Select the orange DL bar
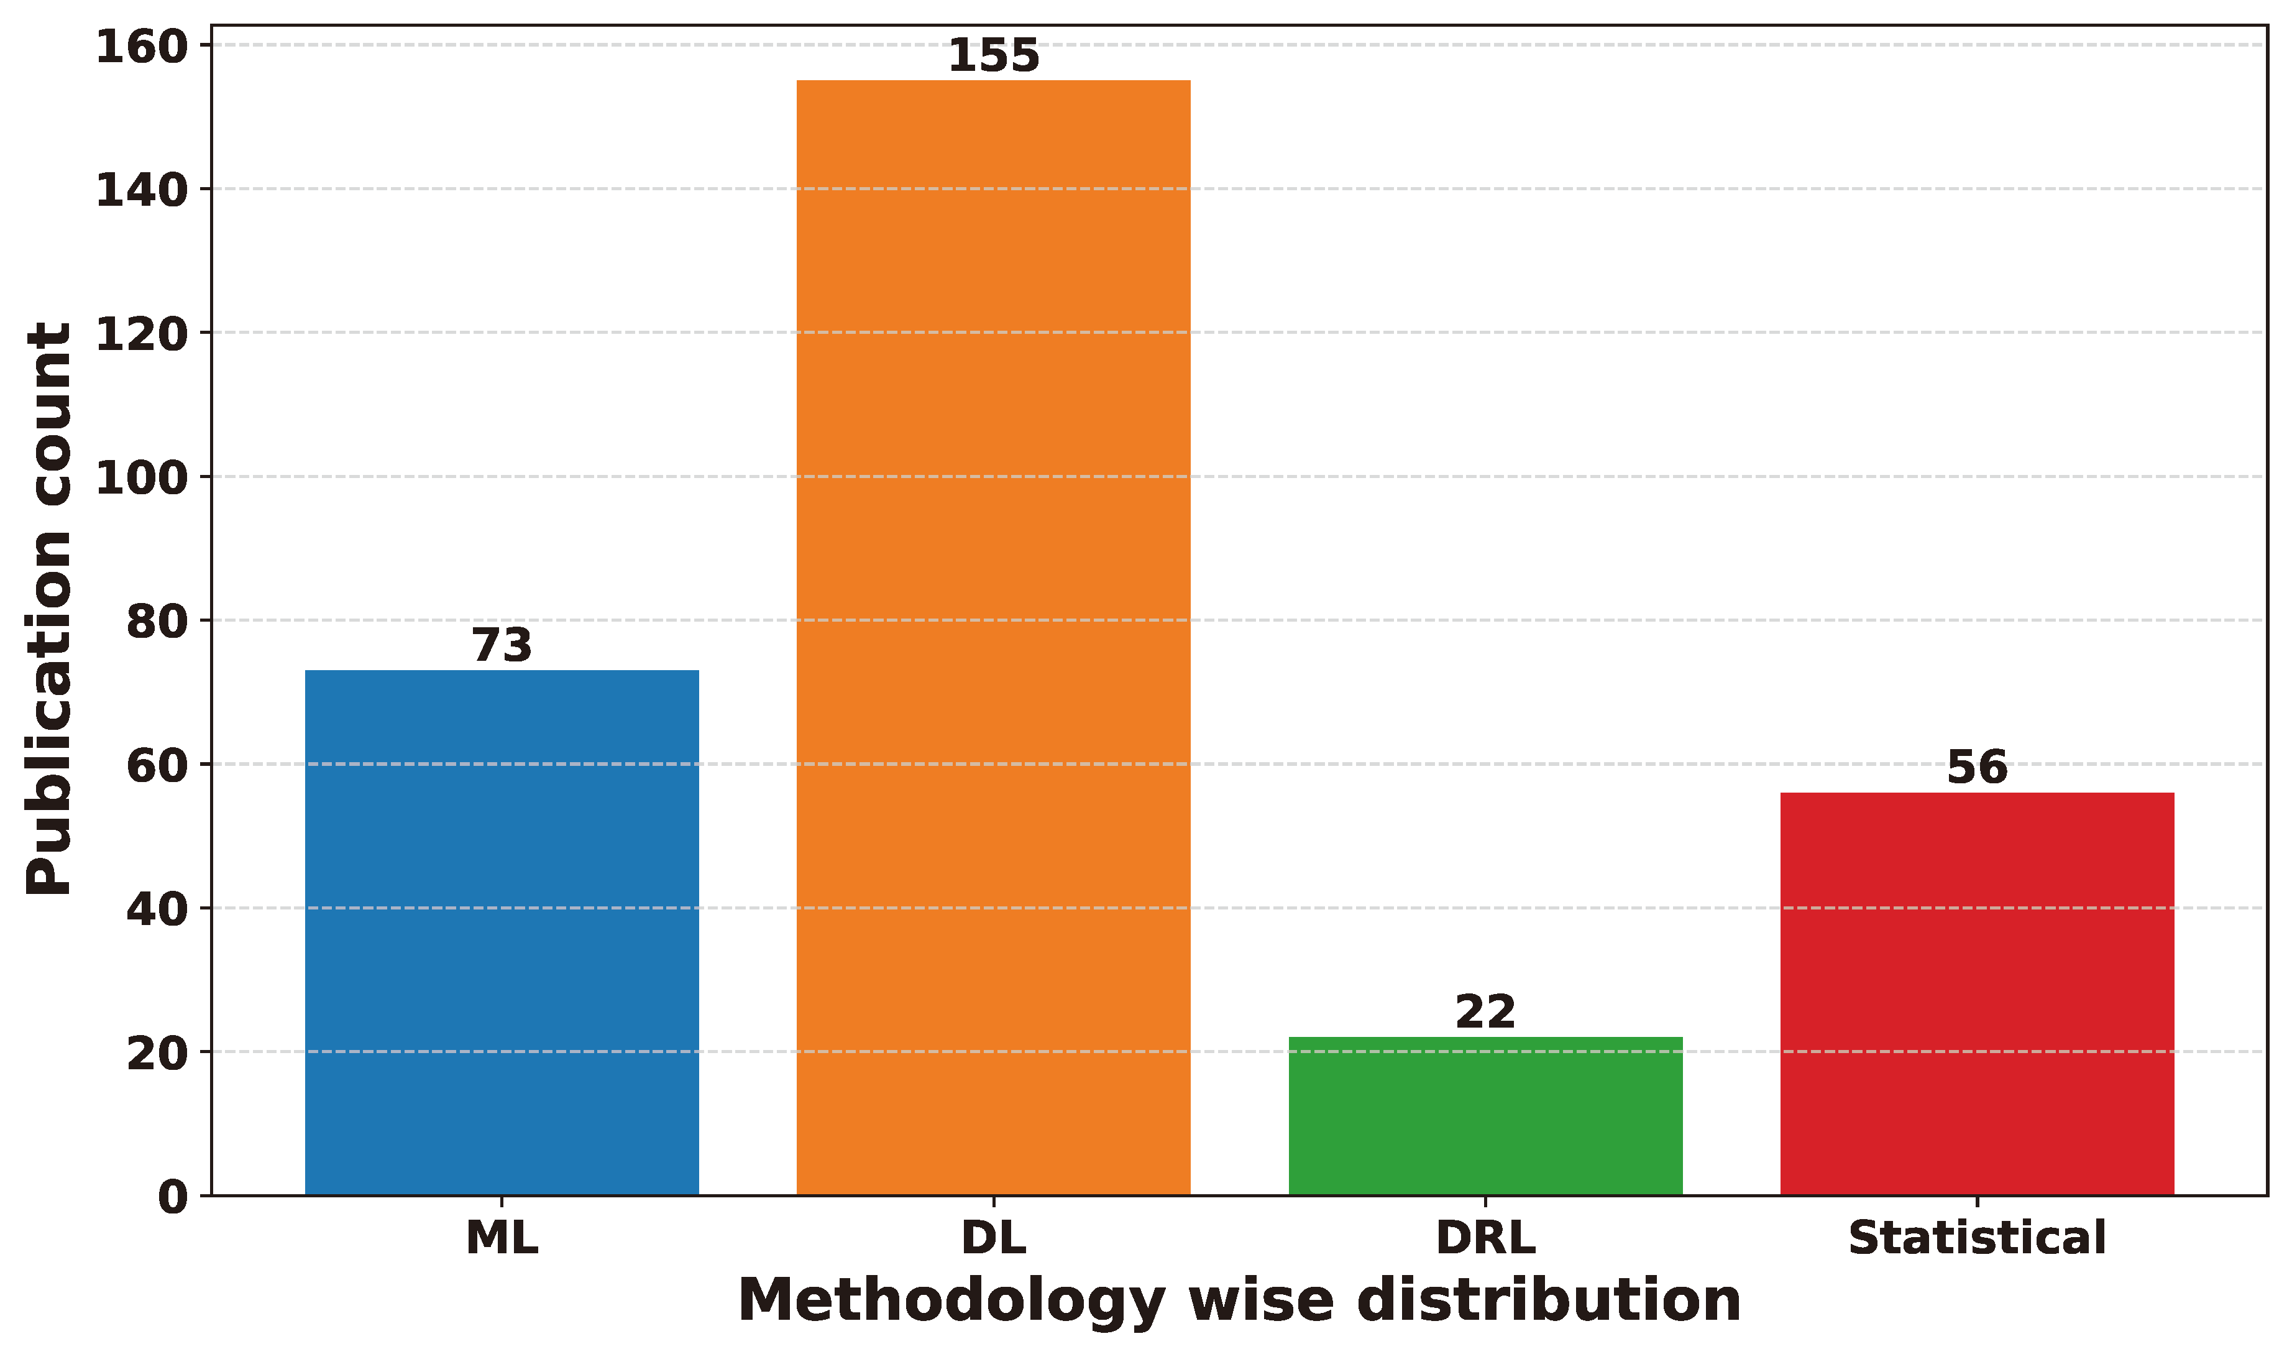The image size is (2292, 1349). point(993,637)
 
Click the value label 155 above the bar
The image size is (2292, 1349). point(993,57)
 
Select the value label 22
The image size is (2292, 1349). point(1485,1013)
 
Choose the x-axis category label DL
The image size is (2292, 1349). point(993,1238)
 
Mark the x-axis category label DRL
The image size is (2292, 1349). point(1485,1238)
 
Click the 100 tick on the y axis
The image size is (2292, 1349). point(141,477)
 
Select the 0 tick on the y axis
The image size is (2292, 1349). point(173,1197)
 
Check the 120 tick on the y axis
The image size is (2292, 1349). point(141,334)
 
